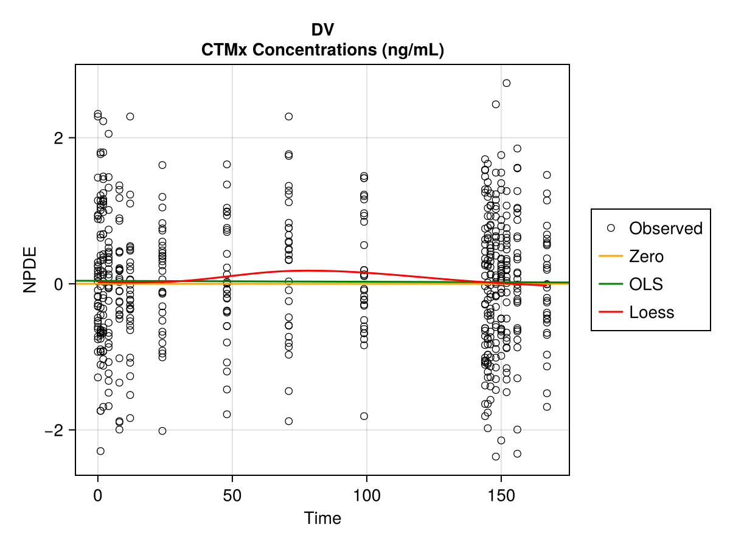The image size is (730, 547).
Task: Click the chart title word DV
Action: tap(322, 30)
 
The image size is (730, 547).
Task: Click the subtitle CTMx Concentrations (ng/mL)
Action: tap(322, 50)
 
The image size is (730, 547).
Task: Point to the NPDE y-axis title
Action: tap(30, 269)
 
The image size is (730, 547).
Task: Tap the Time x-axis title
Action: tap(322, 518)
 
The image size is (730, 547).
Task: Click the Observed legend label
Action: tap(666, 229)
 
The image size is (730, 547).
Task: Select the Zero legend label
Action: tap(646, 256)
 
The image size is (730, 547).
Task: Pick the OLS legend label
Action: tap(645, 284)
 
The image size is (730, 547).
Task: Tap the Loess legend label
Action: tap(652, 312)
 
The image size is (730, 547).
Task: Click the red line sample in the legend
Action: tap(611, 312)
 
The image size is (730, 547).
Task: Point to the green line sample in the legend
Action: tap(611, 284)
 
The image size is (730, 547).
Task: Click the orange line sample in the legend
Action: tap(611, 256)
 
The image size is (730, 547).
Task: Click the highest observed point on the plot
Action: tap(506, 83)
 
